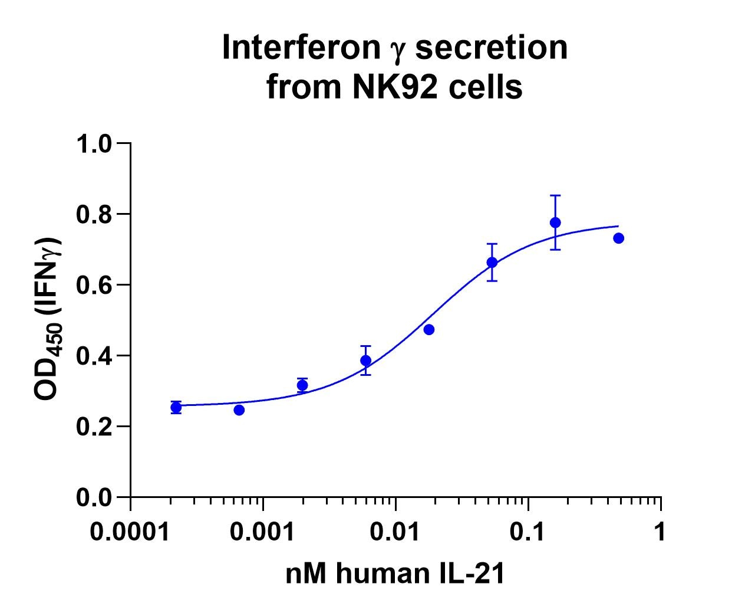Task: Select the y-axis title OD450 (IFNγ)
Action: tap(49, 319)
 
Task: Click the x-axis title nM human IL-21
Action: tap(395, 574)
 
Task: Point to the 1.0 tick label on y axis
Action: tap(94, 143)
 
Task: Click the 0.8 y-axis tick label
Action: tap(94, 214)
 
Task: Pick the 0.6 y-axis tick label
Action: tap(94, 285)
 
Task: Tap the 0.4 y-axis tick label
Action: tap(94, 356)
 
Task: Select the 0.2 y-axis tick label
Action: tap(94, 427)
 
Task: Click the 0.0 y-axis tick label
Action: tap(94, 498)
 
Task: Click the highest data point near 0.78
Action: tap(555, 222)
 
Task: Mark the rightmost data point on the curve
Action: tap(618, 238)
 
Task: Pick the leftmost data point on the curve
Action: tap(176, 407)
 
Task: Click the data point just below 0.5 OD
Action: tap(429, 329)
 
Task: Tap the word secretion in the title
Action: tap(491, 48)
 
